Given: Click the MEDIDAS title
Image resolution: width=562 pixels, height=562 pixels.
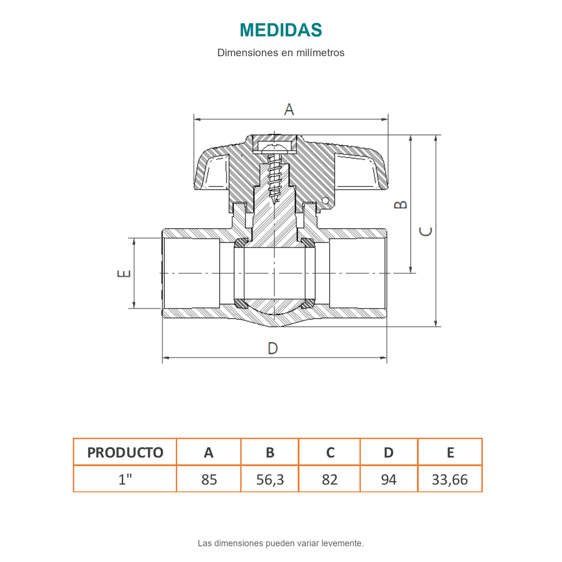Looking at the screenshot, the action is click(x=281, y=30).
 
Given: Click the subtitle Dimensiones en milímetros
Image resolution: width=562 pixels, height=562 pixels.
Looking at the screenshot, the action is click(x=281, y=53).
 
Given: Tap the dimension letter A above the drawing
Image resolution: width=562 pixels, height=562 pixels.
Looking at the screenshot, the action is click(x=289, y=110).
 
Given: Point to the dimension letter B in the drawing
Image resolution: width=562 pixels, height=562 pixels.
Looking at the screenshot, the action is click(x=400, y=205).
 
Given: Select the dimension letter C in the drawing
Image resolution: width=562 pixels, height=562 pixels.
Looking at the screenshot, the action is click(x=425, y=231).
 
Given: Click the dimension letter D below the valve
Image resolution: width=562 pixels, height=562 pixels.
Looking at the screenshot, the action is click(x=273, y=348).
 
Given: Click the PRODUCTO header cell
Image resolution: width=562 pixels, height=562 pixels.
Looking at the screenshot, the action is click(x=125, y=452).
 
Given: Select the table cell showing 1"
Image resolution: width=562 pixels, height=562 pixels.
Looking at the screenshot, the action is click(x=125, y=479).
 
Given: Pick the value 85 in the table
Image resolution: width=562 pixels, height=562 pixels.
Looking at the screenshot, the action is click(x=209, y=480).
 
